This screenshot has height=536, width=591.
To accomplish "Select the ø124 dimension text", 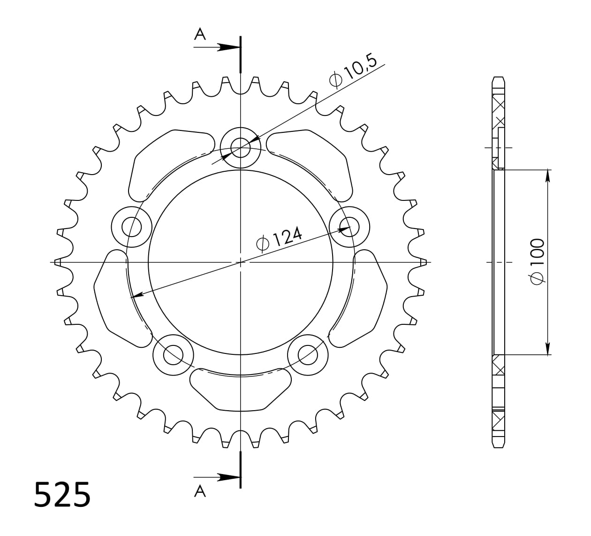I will (280, 238).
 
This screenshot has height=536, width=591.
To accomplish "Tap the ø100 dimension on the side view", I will (536, 261).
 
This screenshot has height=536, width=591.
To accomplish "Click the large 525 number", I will (62, 494).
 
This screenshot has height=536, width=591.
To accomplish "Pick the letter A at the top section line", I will (200, 34).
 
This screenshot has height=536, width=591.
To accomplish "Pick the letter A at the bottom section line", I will (200, 491).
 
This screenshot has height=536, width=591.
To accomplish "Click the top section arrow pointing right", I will (228, 47).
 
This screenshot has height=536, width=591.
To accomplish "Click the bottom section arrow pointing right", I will (228, 477).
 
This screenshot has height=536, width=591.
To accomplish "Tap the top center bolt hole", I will (240, 146).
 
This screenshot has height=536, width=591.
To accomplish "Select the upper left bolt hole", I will (132, 227).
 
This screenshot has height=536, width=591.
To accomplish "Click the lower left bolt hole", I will (174, 354).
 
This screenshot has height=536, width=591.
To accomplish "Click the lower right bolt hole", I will (308, 354).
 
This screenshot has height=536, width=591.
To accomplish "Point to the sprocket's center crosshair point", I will (240, 262).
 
